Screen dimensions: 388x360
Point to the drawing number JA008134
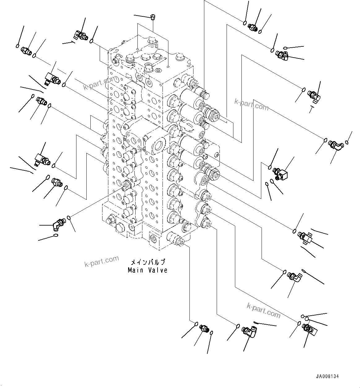(327, 377)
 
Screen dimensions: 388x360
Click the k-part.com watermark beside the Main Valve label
(102, 261)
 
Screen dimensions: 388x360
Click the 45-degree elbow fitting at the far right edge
(335, 145)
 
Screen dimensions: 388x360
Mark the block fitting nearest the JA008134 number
(310, 329)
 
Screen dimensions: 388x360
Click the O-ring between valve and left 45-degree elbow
(70, 218)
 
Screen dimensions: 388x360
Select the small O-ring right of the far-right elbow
(348, 142)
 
